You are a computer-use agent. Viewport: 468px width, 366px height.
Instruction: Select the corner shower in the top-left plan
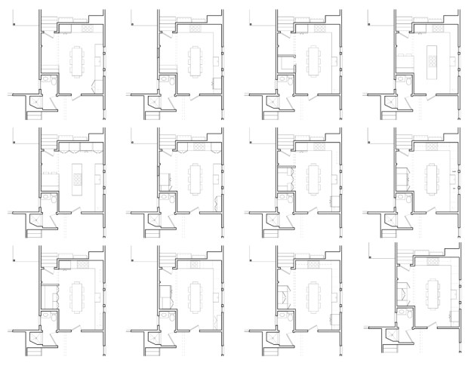pos(34,100)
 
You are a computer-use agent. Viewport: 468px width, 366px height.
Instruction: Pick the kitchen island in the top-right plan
pos(433,60)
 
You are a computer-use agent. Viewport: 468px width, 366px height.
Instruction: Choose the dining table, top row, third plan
pos(314,60)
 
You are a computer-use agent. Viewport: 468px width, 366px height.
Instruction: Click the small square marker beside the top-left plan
pos(13,25)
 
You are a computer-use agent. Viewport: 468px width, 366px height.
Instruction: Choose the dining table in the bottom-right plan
pos(433,294)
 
